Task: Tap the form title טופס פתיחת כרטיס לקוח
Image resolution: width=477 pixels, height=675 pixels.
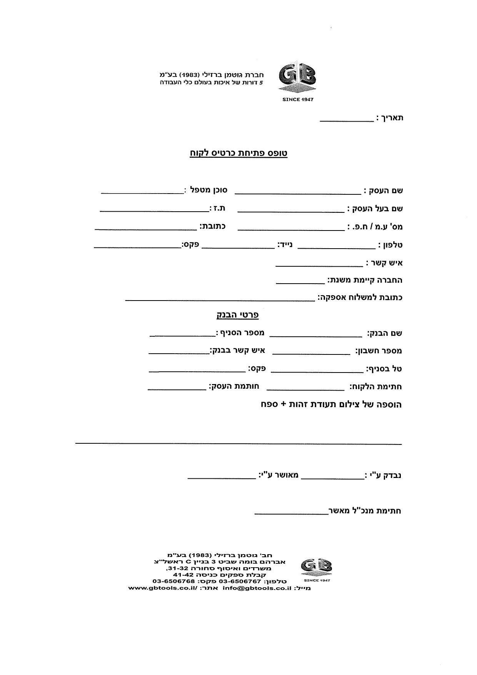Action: [239, 153]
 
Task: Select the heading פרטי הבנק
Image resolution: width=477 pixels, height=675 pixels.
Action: [237, 315]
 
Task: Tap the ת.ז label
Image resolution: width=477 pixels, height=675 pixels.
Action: [217, 208]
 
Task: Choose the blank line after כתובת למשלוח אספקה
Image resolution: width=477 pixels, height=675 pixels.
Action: [220, 300]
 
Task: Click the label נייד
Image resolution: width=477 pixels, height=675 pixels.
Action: [285, 244]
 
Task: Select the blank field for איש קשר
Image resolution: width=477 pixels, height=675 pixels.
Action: [319, 265]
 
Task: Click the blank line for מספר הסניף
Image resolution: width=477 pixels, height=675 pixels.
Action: [182, 336]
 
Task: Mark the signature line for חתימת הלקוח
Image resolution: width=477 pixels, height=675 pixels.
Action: [305, 389]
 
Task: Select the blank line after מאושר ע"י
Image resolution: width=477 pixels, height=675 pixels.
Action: [222, 478]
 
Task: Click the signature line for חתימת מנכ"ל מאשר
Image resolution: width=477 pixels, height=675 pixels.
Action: [291, 513]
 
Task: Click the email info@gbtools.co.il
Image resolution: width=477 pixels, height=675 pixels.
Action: [255, 588]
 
